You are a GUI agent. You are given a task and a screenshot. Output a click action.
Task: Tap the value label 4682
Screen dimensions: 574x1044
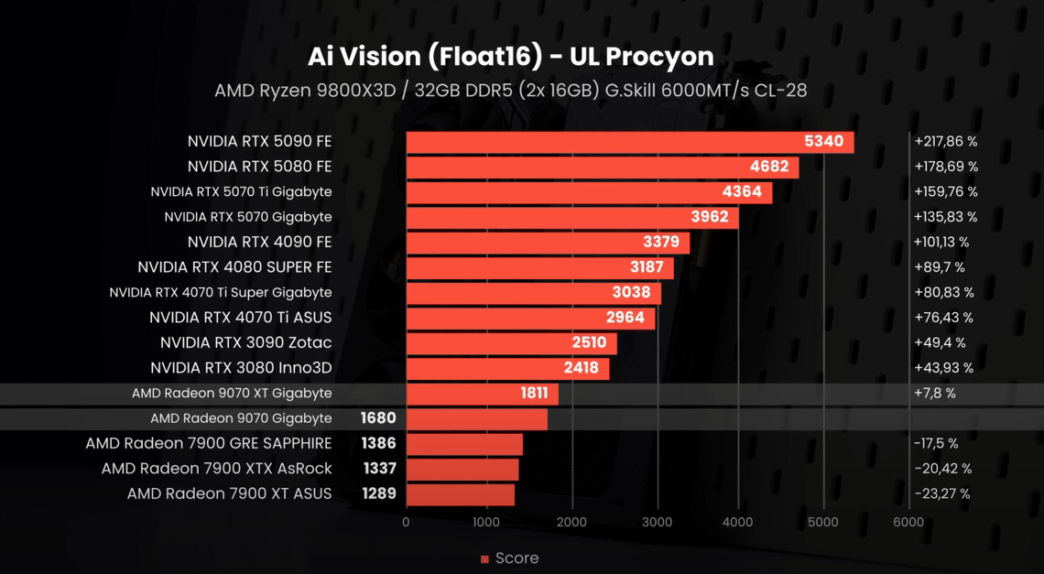(x=769, y=168)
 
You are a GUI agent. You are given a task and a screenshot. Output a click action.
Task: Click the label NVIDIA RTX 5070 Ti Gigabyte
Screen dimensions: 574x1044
(x=241, y=192)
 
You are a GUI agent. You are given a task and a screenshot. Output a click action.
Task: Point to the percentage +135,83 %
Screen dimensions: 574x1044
(x=945, y=218)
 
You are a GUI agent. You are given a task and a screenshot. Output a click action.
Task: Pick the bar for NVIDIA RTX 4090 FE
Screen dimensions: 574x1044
(x=548, y=243)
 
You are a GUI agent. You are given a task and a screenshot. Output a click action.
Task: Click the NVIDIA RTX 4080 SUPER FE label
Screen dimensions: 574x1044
(x=234, y=267)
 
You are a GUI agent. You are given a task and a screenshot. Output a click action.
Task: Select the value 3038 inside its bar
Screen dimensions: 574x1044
(x=631, y=293)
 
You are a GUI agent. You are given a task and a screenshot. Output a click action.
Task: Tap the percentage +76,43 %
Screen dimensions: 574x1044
(x=943, y=318)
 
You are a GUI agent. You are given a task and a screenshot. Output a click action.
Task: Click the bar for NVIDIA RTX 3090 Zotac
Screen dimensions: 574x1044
(x=511, y=343)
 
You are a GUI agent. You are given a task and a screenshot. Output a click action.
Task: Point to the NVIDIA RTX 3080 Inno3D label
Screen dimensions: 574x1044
(x=241, y=368)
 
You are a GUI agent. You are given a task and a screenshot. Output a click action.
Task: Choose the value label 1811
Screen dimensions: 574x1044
(x=534, y=394)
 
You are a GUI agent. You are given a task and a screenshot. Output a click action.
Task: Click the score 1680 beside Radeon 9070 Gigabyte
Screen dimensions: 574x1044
(x=378, y=418)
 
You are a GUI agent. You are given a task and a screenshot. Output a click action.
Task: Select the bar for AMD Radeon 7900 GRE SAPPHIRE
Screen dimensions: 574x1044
(x=464, y=444)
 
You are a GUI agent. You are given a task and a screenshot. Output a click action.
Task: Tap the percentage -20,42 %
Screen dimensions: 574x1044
(x=942, y=469)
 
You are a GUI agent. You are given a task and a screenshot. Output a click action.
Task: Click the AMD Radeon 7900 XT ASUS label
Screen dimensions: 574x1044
(x=229, y=494)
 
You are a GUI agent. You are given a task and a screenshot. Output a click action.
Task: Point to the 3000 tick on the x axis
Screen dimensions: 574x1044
(x=657, y=523)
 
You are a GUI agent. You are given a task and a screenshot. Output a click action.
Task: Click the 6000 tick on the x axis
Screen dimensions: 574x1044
(x=908, y=523)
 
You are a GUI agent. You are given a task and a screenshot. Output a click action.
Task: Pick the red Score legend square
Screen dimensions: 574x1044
(x=484, y=559)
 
